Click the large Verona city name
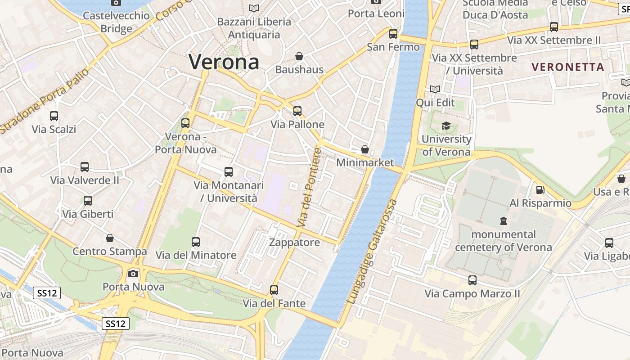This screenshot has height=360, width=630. pos(224,62)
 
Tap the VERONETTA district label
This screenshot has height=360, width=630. pos(567,67)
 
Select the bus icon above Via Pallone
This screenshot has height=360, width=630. pos(297,111)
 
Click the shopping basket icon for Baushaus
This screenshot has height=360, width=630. pos(299,56)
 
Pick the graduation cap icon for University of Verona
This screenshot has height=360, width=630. pos(446,126)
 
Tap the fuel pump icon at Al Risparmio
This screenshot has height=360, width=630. pos(540,190)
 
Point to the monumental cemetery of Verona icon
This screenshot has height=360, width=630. pos(503,221)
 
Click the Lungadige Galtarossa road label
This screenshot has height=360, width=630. pos(373,252)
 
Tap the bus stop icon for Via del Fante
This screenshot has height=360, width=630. pos(274,290)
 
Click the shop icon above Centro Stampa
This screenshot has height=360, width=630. pos(110,238)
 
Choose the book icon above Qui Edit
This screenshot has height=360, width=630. pos(435,89)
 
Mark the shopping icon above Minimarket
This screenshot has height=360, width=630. pos(365,149)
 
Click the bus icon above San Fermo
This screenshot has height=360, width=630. pos(393,33)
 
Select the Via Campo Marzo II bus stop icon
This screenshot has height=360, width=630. pos(472,280)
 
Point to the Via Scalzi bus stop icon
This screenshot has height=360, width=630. pos(54,116)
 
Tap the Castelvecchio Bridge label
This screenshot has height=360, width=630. pos(117,22)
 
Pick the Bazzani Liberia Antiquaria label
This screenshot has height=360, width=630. pos(254,28)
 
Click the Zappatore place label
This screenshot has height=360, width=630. pos(294,243)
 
